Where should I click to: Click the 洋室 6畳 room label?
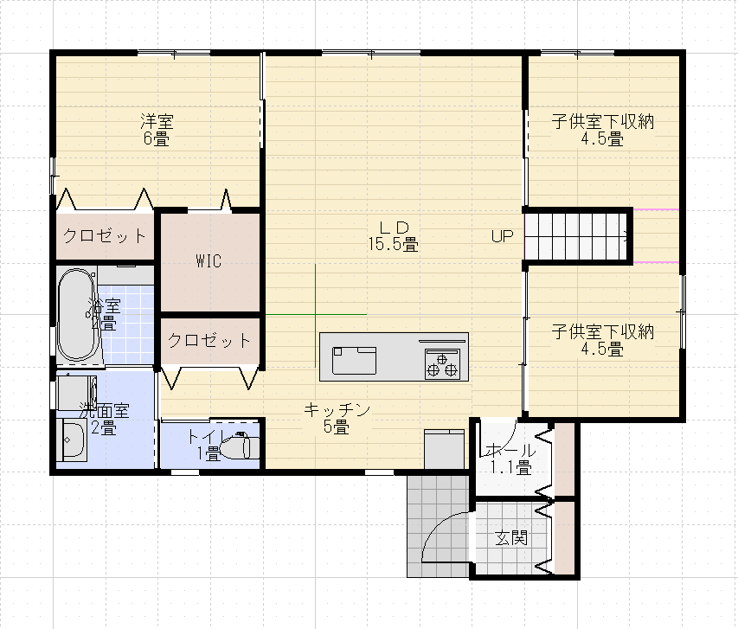[157, 128]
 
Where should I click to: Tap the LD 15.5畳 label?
[392, 235]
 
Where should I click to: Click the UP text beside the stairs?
[503, 235]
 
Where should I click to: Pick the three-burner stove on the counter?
[442, 362]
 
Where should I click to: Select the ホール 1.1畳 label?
[511, 459]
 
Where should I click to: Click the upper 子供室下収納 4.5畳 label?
[602, 129]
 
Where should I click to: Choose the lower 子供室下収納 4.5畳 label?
[602, 339]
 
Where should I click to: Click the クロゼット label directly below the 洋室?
[104, 236]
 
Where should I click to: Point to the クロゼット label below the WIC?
[209, 340]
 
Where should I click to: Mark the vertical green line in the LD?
[316, 316]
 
